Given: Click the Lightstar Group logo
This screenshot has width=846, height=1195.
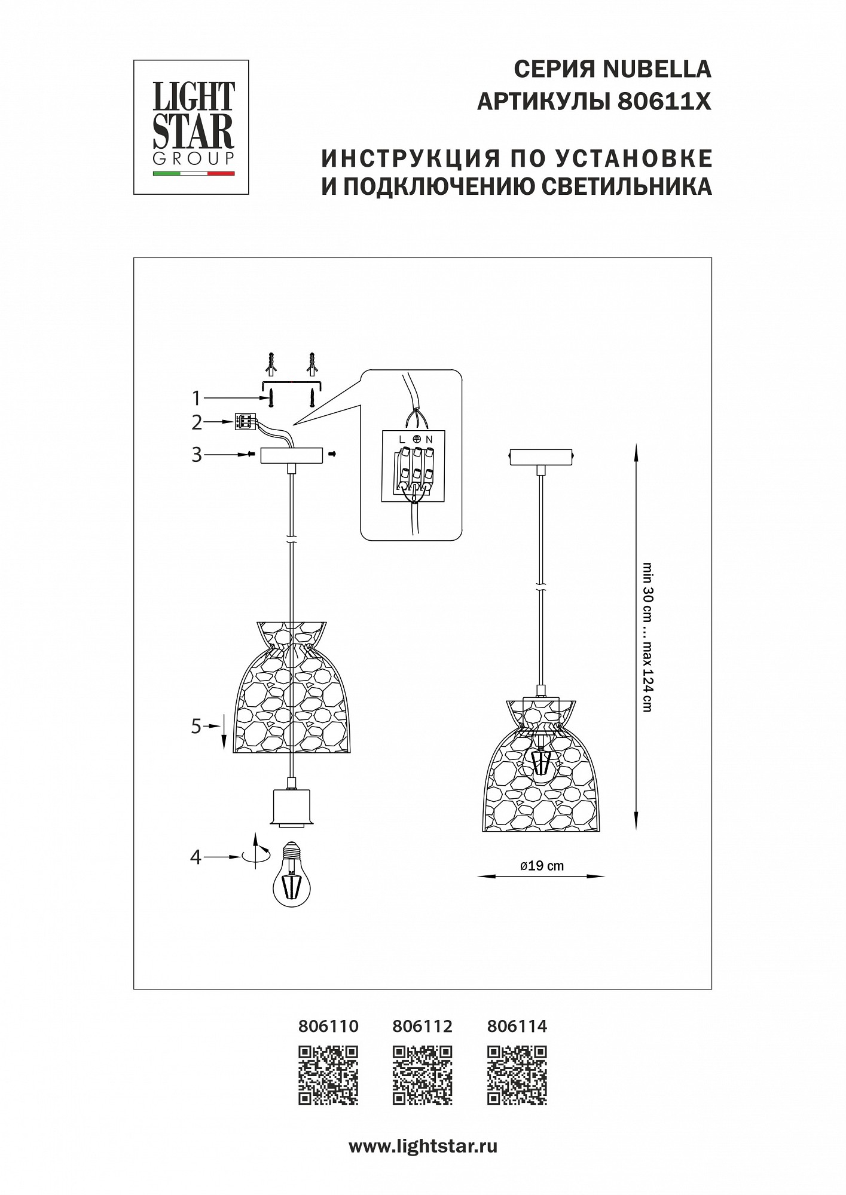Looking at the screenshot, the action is pyautogui.click(x=191, y=127).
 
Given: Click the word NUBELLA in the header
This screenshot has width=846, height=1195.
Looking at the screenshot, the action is pyautogui.click(x=657, y=70).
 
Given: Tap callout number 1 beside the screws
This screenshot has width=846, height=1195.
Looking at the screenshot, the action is pyautogui.click(x=196, y=398).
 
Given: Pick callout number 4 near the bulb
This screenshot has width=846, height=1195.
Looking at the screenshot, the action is pyautogui.click(x=196, y=857).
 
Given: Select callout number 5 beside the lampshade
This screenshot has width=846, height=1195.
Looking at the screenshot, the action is pyautogui.click(x=196, y=727).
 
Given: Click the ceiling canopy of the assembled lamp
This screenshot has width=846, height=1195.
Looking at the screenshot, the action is pyautogui.click(x=540, y=457).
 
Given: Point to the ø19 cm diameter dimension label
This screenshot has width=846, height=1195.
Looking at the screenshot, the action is pyautogui.click(x=542, y=866).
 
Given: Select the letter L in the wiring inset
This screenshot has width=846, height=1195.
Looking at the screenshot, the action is pyautogui.click(x=403, y=439).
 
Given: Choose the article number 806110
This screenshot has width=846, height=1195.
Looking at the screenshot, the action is pyautogui.click(x=328, y=1027).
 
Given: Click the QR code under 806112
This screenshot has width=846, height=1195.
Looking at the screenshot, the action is pyautogui.click(x=423, y=1075).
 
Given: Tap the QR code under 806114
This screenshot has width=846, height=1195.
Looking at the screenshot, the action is pyautogui.click(x=517, y=1075).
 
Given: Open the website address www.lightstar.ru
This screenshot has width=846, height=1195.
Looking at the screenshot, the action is pyautogui.click(x=423, y=1147).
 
